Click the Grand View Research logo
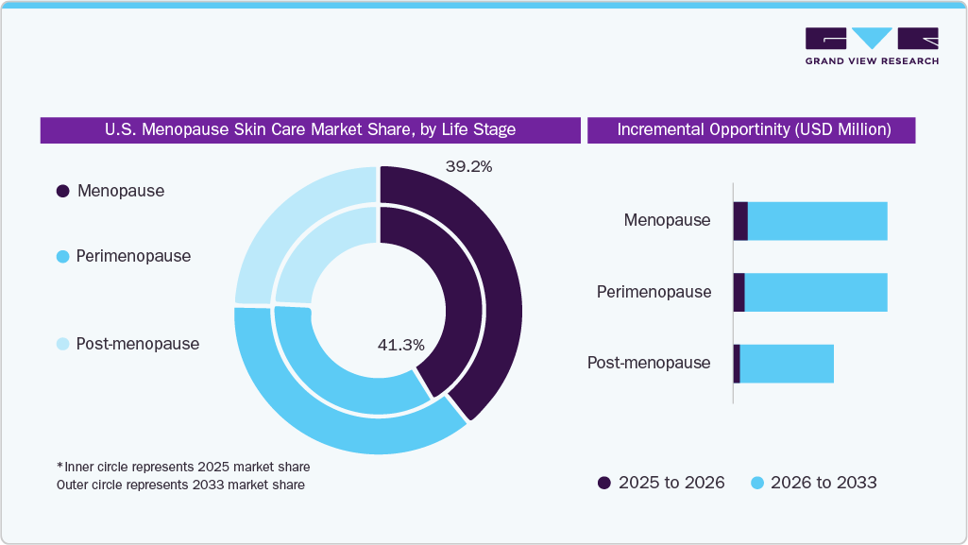871,45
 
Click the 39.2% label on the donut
468,166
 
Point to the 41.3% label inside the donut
400,345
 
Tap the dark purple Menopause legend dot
63,191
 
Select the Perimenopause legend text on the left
133,256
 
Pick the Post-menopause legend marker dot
63,344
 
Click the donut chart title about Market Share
310,130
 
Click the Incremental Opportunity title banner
753,130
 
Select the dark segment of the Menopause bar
740,221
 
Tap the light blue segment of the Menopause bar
817,221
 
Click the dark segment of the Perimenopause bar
739,292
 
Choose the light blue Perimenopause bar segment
816,292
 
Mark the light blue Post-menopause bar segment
786,364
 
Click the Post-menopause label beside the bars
649,364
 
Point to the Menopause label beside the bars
667,221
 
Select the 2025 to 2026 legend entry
661,483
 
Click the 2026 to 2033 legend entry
813,483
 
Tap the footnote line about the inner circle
183,468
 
